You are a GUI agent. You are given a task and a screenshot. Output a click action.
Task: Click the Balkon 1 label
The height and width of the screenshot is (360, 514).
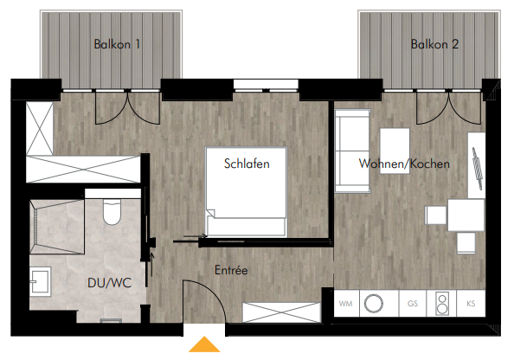117,44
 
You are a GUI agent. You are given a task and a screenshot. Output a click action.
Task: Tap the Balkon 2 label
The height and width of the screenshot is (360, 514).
434,44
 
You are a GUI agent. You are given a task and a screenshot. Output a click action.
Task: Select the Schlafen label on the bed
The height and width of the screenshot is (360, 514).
247,164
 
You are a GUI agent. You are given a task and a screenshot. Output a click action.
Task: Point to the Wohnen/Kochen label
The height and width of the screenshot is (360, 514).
404,164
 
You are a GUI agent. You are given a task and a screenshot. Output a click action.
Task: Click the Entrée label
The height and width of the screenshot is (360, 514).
231,270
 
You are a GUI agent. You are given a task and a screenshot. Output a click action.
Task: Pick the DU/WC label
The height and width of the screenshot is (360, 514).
110,283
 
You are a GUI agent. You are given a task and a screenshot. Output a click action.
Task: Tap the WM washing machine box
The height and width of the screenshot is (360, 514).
346,303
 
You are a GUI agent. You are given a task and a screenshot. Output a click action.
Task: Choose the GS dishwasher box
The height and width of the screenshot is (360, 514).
413,303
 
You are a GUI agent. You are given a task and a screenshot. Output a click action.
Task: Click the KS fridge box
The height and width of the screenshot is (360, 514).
471,303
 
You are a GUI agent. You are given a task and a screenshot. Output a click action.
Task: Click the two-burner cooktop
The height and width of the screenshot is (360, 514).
442,303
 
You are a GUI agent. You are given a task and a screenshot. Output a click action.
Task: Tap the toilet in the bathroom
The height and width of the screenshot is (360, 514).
112,211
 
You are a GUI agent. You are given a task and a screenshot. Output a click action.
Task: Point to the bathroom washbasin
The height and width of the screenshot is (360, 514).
41,281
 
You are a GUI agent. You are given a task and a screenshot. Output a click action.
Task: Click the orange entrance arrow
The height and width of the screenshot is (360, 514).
204,344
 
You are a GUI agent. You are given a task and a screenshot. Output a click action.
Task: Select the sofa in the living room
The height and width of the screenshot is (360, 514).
352,151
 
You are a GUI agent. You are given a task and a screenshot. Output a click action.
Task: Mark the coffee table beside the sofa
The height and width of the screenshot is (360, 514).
395,146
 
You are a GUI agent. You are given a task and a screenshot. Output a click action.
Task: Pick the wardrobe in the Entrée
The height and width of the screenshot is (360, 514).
281,312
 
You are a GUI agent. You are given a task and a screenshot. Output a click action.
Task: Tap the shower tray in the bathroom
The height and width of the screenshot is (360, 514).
57,227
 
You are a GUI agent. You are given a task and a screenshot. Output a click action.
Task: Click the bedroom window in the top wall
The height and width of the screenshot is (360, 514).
266,86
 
